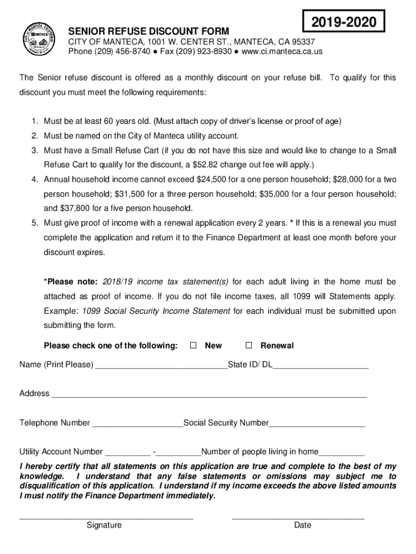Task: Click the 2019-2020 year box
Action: [344, 23]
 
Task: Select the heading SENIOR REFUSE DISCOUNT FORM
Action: [148, 31]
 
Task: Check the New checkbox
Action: [193, 346]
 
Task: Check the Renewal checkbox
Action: [249, 346]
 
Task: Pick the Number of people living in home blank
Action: [341, 454]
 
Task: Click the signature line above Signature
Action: [106, 518]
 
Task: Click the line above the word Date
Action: [298, 518]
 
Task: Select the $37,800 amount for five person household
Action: [75, 208]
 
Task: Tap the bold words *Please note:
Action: [71, 282]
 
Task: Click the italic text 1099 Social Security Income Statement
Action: [156, 311]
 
